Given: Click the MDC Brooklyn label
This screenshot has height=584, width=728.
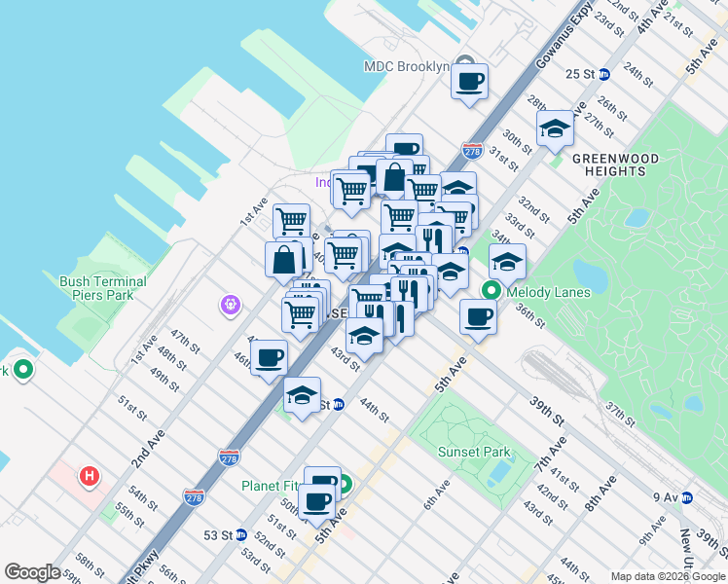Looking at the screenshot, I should tap(406, 66).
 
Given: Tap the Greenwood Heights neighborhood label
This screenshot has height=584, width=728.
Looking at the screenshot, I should tap(615, 164).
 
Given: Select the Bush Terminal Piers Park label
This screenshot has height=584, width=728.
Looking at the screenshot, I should tap(103, 288).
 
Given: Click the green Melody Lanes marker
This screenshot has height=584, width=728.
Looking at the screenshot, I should tap(491, 290).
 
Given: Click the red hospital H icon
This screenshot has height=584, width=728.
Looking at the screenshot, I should tap(90, 477).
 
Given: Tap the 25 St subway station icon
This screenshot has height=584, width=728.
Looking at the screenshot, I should tap(603, 74).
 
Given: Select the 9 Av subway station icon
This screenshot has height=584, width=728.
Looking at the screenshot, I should tap(686, 497).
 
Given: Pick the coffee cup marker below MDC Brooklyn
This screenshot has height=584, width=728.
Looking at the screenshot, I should tap(470, 81).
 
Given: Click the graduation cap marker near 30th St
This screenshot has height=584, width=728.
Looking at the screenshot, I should tap(555, 128).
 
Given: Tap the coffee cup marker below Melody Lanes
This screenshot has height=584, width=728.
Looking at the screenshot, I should tap(478, 316).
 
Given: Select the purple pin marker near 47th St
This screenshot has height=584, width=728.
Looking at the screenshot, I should tap(230, 306).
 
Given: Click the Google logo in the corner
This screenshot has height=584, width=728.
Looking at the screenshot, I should tap(32, 572).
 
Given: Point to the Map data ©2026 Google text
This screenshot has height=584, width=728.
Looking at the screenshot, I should tap(667, 576).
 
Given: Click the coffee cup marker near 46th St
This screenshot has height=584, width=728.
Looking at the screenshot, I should tap(270, 356).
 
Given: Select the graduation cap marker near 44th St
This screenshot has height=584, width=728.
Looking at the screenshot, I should tap(303, 395).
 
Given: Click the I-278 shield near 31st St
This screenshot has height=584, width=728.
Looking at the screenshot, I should tap(473, 151).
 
